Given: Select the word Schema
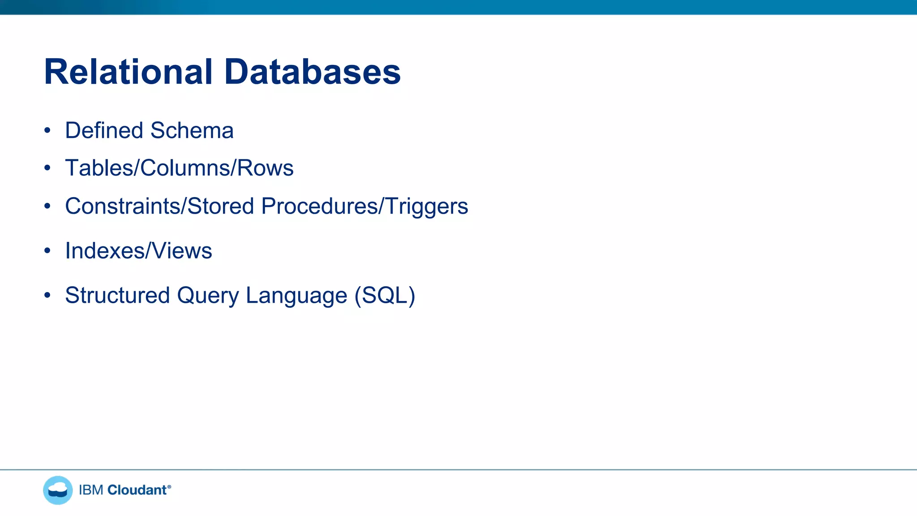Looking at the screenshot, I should (192, 130).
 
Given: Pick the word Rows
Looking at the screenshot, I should (265, 168).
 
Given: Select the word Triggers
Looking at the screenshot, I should (426, 207).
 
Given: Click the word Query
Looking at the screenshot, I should (208, 296).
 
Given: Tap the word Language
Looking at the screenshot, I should (296, 296).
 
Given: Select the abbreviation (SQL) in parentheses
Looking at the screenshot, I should (385, 296).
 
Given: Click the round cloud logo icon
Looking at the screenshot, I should (58, 490).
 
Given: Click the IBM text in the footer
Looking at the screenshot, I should (91, 490).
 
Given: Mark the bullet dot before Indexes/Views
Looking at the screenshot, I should (47, 250).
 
